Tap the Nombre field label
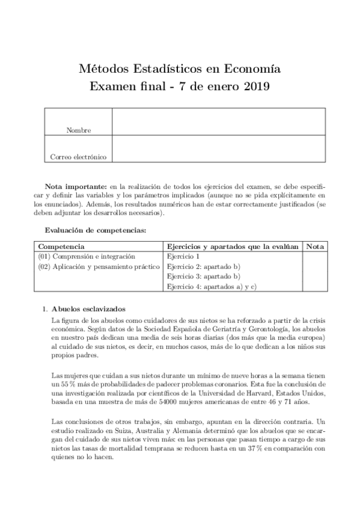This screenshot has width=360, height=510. [79, 130]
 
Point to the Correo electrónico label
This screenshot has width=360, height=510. [79, 157]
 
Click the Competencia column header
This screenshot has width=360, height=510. [61, 247]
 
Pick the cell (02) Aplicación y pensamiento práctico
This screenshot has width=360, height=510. [99, 266]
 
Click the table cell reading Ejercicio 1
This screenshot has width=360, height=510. [183, 256]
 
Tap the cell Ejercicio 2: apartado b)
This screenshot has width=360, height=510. [204, 266]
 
